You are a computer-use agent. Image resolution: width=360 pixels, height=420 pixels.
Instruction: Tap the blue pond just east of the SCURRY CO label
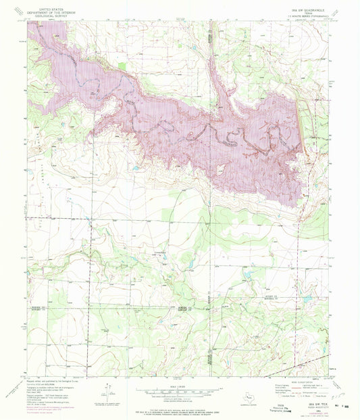[307, 298]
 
